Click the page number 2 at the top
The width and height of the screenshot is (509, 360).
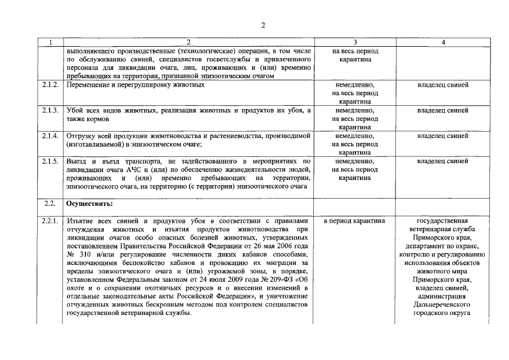(263, 24)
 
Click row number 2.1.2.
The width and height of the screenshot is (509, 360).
(50, 85)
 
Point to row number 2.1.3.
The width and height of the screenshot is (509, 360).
(50, 110)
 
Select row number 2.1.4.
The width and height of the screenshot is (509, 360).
(50, 136)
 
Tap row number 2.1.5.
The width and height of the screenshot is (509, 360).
(50, 161)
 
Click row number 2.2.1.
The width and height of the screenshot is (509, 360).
(50, 220)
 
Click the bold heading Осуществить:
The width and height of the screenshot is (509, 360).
(89, 204)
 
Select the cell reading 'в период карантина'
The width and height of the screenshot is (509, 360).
(354, 220)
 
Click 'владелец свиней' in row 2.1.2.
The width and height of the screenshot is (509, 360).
(443, 85)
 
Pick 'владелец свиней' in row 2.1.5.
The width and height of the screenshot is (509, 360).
(443, 161)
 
